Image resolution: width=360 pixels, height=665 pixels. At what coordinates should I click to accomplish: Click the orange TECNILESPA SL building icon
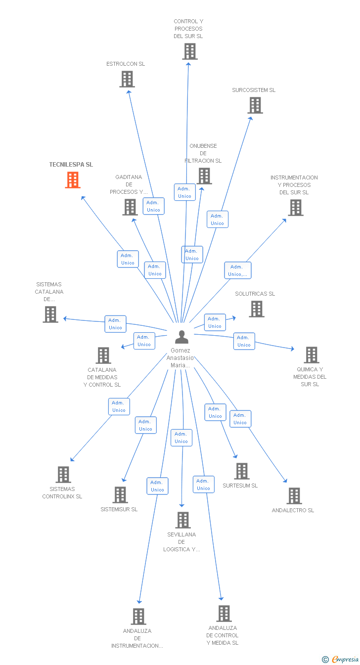click(73, 180)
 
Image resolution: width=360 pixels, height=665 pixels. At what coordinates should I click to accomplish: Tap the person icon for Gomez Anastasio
click(182, 337)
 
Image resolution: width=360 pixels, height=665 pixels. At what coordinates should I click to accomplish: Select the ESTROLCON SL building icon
click(127, 79)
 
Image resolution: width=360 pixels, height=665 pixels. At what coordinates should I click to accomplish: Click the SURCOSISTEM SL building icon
click(255, 105)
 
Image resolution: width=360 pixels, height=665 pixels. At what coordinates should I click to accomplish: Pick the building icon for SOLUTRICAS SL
click(256, 309)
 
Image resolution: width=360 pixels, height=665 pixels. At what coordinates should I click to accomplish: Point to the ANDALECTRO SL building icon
click(294, 496)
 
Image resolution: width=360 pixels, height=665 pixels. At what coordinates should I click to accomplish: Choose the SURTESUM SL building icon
click(242, 471)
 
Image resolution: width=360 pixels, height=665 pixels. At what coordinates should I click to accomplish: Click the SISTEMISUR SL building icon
click(120, 495)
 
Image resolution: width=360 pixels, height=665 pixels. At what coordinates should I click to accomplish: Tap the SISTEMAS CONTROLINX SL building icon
click(63, 475)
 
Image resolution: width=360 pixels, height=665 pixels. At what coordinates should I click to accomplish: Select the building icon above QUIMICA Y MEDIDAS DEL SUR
click(312, 355)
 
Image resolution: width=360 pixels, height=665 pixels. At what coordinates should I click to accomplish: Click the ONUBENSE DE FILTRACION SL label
click(203, 153)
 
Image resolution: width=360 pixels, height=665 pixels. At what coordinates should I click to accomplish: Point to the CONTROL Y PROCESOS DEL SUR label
click(188, 29)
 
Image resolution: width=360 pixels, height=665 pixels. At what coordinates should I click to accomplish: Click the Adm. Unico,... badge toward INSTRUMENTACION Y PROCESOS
click(238, 270)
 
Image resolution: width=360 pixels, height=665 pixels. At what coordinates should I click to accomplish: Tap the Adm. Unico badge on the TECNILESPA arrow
click(128, 259)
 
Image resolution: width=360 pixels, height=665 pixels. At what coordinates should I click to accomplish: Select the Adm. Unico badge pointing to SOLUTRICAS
click(215, 322)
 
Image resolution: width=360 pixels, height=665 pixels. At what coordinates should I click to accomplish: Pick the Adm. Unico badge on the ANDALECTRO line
click(240, 419)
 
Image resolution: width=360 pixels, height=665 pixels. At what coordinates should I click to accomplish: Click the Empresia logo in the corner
click(341, 659)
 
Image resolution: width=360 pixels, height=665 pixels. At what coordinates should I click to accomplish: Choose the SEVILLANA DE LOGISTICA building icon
click(183, 520)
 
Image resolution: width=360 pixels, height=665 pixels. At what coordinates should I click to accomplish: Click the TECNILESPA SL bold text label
click(71, 165)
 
